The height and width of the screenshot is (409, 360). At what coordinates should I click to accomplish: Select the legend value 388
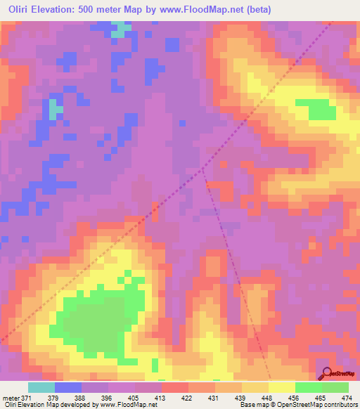click(89, 397)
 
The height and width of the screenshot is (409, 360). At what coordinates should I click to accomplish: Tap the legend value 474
click(346, 397)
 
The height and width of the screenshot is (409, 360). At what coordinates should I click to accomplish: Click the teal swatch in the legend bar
click(41, 387)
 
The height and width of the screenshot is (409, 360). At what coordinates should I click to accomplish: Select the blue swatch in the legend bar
click(68, 387)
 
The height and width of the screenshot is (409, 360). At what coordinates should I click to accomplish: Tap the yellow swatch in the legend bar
click(281, 387)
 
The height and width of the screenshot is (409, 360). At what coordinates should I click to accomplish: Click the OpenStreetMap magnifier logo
click(328, 372)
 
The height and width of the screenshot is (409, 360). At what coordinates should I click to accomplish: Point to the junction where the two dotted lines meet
click(203, 169)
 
